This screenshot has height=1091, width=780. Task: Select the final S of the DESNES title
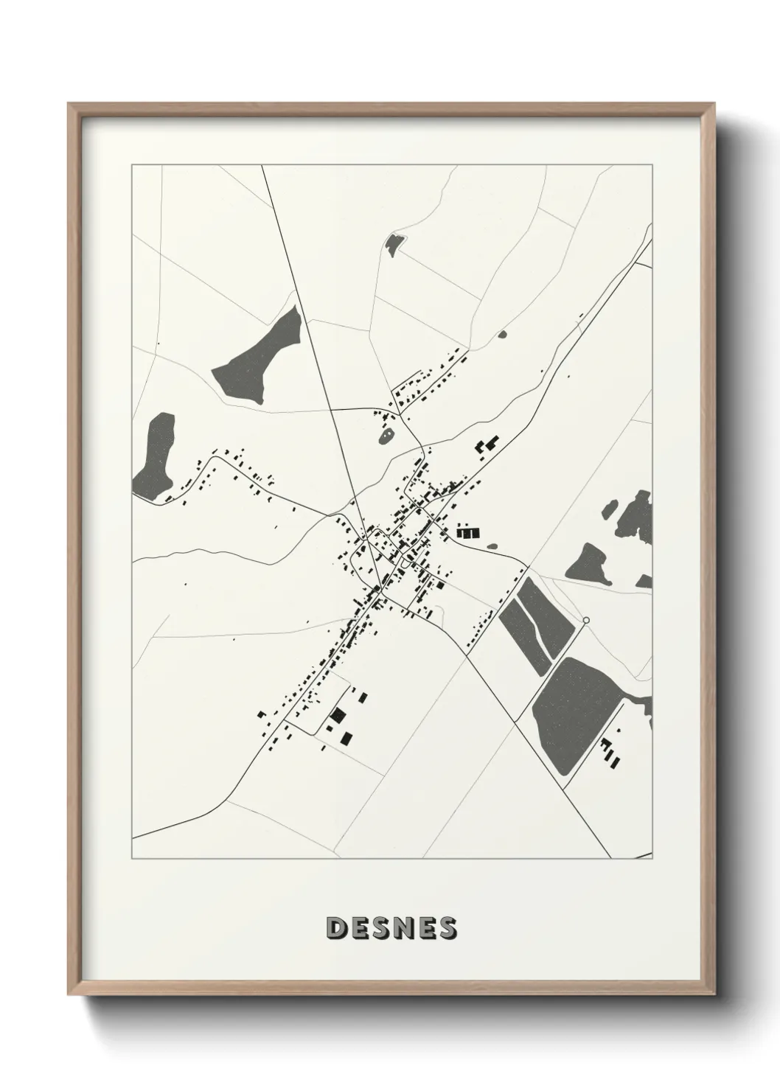click(447, 928)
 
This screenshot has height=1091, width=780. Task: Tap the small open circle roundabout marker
click(586, 621)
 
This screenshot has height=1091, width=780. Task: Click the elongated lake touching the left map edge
click(156, 457)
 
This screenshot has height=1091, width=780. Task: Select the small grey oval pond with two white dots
click(386, 438)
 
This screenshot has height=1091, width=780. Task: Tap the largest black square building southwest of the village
click(338, 714)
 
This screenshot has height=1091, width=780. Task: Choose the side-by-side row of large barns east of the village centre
click(467, 530)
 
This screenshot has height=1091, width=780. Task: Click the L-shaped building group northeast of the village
click(487, 445)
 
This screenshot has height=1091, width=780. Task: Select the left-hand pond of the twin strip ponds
click(524, 635)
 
